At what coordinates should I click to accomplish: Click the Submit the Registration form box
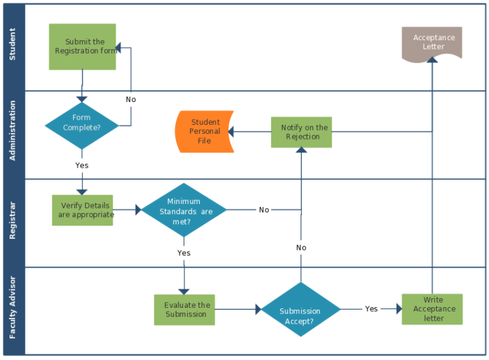(x=82, y=47)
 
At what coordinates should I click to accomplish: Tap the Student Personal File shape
(x=204, y=131)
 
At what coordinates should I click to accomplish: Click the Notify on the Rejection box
(x=301, y=132)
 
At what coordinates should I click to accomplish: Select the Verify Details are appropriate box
(x=82, y=210)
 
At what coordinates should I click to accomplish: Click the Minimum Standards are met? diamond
(x=184, y=210)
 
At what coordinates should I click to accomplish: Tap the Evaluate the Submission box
(x=185, y=310)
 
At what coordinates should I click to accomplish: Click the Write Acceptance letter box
(x=432, y=309)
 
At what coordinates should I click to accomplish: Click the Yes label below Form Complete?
(x=81, y=165)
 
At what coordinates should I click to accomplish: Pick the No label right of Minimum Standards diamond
(x=264, y=210)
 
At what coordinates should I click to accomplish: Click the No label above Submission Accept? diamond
(x=301, y=247)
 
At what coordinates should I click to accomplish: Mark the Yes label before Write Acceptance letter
(x=371, y=309)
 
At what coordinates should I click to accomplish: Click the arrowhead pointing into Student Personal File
(x=231, y=132)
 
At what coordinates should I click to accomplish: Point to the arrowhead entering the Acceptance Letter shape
(x=432, y=59)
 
